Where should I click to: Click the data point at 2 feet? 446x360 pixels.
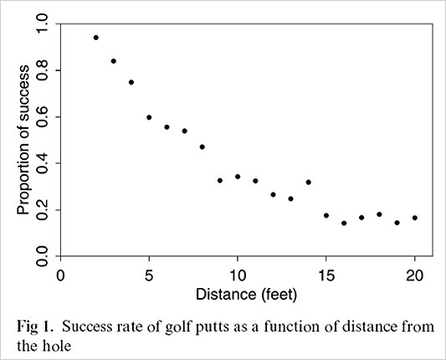(95, 38)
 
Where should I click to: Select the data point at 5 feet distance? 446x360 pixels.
(149, 117)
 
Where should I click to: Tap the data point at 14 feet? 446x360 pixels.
(309, 182)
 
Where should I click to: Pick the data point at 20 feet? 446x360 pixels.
(415, 218)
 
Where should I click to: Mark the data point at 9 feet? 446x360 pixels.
(220, 180)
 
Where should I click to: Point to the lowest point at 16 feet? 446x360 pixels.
(344, 223)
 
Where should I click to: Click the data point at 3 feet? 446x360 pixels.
(113, 60)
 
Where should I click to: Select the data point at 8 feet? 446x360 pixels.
(202, 147)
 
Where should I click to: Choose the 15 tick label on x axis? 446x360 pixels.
(326, 275)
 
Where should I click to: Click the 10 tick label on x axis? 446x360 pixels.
(238, 275)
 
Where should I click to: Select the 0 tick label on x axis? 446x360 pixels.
(60, 275)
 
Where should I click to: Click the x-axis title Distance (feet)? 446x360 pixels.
(238, 294)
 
